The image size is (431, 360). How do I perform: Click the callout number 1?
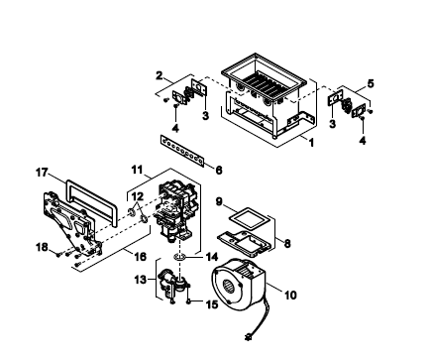coord(311,142)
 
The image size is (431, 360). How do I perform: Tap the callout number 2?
coord(160,75)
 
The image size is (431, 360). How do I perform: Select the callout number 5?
coord(371,83)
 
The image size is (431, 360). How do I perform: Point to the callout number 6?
coord(219,170)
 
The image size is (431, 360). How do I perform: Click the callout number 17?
coord(42,173)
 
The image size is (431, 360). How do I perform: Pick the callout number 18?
coord(42,247)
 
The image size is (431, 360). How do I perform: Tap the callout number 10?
coord(290,295)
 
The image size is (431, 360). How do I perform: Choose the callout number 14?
coord(212,257)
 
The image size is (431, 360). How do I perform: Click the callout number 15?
coord(212,304)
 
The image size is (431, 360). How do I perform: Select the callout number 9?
coord(219,201)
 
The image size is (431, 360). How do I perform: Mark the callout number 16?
coord(141,256)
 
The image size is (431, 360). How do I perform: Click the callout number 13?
coord(140,280)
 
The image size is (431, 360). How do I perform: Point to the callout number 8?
coord(287,244)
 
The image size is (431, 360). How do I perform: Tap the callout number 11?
coord(137,170)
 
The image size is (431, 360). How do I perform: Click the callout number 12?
coord(138,196)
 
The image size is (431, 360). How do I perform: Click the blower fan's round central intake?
coord(228,286)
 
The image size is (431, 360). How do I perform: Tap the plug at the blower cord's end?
coord(248,337)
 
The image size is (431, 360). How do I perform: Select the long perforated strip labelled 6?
coord(182,151)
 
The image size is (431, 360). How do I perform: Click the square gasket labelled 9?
coord(248,219)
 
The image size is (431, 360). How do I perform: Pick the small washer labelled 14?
coord(179,257)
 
